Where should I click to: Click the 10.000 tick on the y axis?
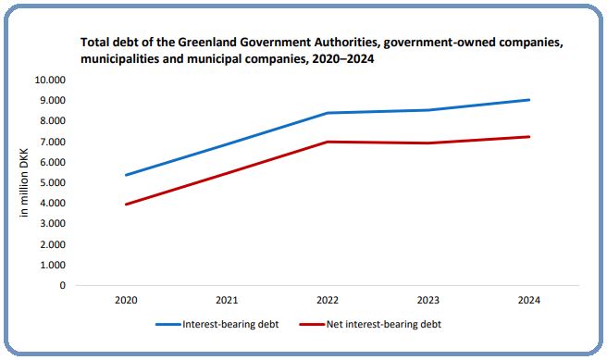[x=51, y=80]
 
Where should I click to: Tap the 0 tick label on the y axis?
[x=62, y=285]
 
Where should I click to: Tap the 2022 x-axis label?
[x=327, y=301]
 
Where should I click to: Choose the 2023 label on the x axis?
[x=427, y=301]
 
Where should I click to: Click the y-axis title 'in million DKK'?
[x=24, y=182]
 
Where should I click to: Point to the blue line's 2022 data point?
[x=327, y=113]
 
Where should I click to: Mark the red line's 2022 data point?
[x=327, y=142]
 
